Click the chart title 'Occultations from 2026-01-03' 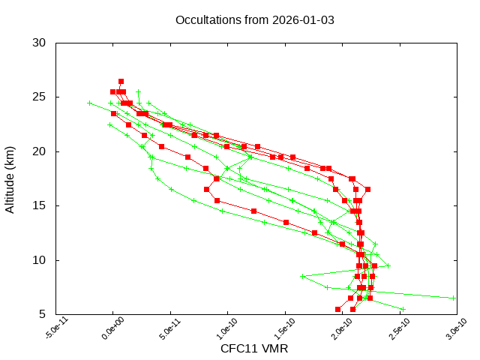254,19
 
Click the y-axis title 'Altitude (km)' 10,178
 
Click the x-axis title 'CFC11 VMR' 254,349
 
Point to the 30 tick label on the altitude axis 40,43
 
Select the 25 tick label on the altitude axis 40,97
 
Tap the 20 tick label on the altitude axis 40,151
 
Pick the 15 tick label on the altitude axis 40,205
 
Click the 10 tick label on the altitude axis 40,260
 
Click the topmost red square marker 121,81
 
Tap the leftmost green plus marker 90,103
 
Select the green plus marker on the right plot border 454,298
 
